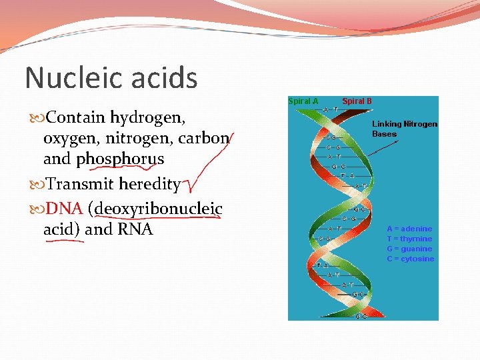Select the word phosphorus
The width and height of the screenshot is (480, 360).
120,160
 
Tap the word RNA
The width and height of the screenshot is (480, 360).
135,229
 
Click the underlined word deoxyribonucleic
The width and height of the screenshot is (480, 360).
159,209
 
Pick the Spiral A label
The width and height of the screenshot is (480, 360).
303,101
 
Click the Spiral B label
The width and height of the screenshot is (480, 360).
357,101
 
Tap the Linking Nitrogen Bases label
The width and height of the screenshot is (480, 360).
404,129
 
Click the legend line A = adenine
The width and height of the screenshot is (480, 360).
409,229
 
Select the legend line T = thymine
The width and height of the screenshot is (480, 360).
409,239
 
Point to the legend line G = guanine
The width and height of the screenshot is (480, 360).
409,249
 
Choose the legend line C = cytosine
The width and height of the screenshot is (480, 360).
410,259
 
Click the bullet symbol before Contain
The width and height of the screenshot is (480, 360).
39,119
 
